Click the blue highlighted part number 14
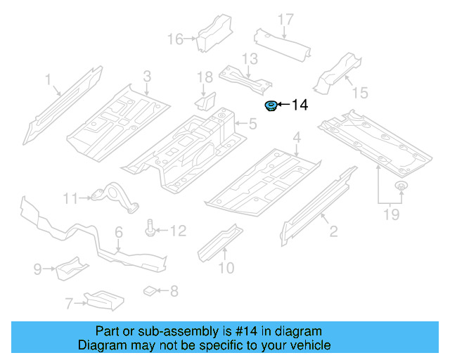point(269,106)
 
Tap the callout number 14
point(299,105)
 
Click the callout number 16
point(174,39)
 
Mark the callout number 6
point(118,231)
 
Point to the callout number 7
point(69,304)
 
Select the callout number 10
point(225,267)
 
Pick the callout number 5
point(252,125)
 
